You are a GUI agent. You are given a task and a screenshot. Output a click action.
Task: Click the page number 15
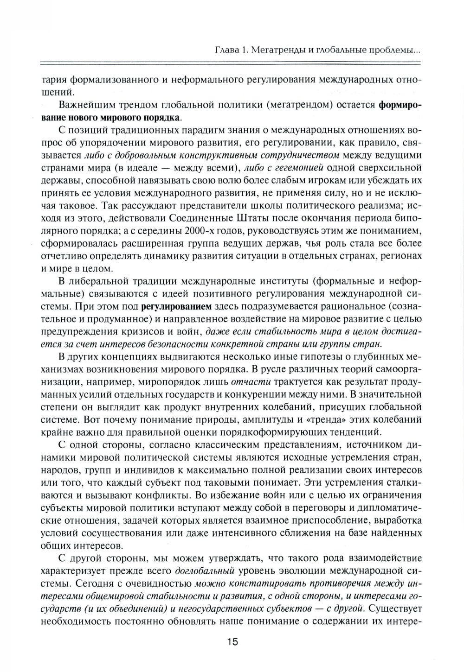click(x=232, y=642)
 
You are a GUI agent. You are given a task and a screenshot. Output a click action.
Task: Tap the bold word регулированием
click(x=176, y=306)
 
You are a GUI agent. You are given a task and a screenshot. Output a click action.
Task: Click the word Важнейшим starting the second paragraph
click(x=89, y=104)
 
